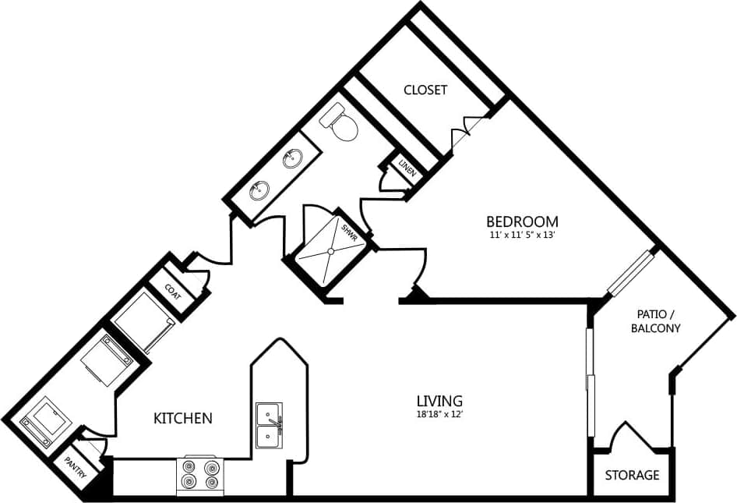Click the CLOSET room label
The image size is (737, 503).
point(425,90)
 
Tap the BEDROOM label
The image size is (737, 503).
point(522,221)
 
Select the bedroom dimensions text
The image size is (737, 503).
point(522,234)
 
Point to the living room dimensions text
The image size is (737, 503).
point(439,414)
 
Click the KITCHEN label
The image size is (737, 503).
point(182,419)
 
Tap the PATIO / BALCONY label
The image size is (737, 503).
point(655,321)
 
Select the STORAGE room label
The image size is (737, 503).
point(632,474)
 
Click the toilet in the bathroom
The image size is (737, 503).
point(340,123)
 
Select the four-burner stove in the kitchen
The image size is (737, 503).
point(199,474)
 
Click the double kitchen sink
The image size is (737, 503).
point(270,426)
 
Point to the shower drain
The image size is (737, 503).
point(330,251)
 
